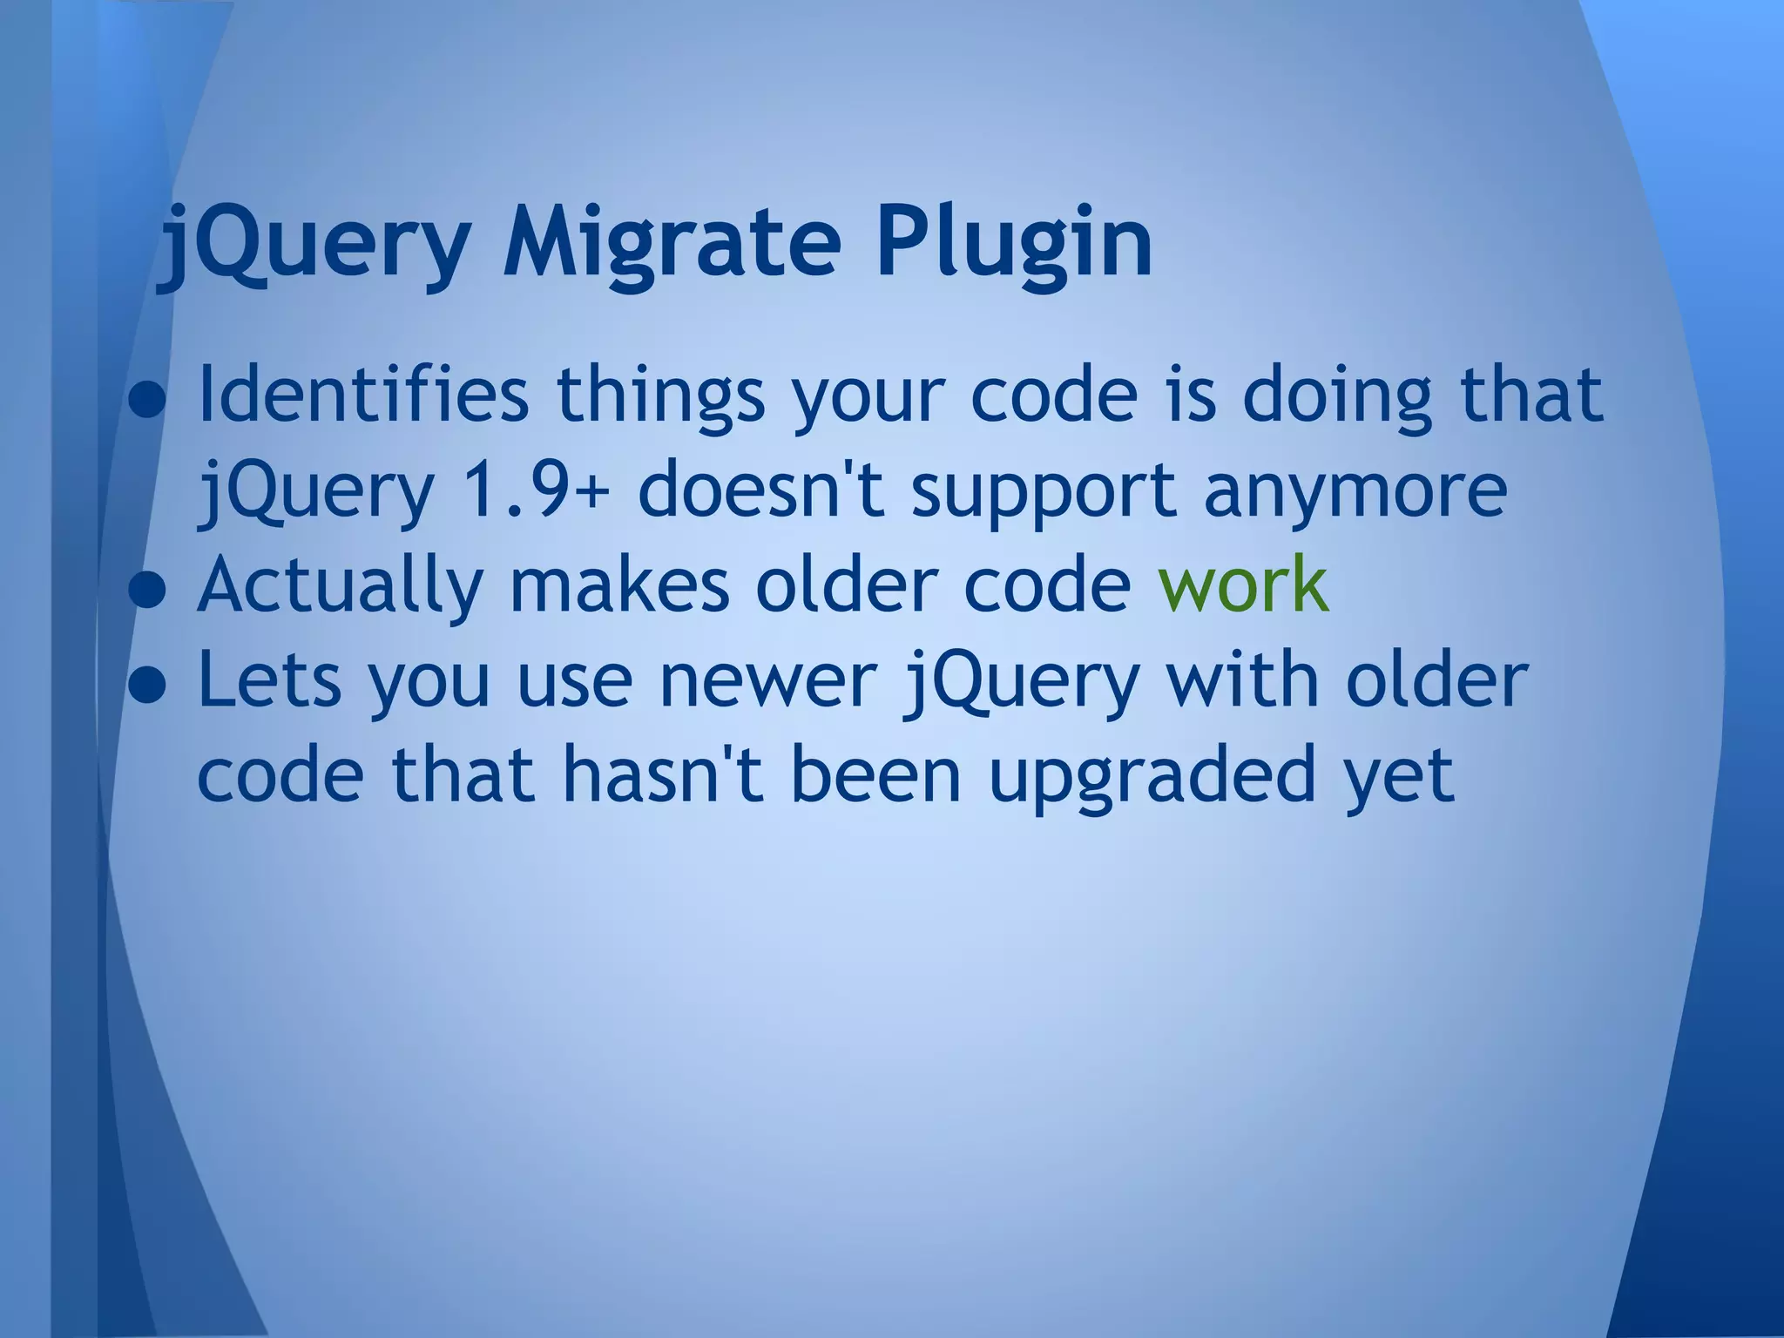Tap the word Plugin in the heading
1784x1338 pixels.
1015,244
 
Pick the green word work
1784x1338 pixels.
1243,584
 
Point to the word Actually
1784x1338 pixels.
340,585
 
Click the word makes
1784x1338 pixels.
619,584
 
